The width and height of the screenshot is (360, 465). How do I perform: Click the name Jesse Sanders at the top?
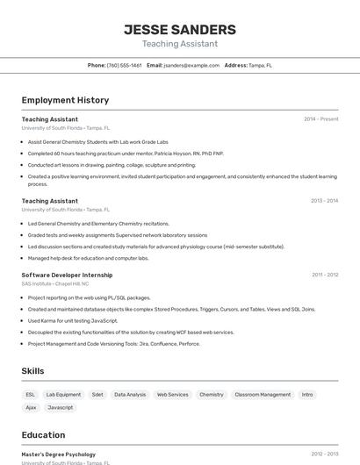click(x=180, y=30)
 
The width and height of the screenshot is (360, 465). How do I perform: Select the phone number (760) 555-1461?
click(x=124, y=65)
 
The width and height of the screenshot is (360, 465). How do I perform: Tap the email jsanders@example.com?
click(x=191, y=65)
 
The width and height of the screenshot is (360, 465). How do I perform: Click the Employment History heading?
click(x=65, y=100)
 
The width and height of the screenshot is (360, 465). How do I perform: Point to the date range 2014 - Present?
click(x=320, y=119)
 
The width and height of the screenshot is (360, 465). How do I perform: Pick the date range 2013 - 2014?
click(x=324, y=201)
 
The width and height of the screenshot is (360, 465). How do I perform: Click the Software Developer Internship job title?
click(x=67, y=275)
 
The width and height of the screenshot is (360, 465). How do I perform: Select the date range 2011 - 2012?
click(x=325, y=275)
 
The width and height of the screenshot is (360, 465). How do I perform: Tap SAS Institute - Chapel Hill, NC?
click(x=55, y=283)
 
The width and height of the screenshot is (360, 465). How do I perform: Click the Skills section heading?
click(x=33, y=371)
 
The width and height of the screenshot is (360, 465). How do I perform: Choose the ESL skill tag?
click(x=31, y=395)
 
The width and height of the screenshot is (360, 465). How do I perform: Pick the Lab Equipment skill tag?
click(x=63, y=395)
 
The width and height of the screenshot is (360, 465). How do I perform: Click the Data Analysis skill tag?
click(x=130, y=395)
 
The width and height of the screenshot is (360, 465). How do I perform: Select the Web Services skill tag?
click(x=172, y=395)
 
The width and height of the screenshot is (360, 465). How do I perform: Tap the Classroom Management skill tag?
click(x=263, y=395)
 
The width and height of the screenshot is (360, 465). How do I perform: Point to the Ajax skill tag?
click(x=31, y=408)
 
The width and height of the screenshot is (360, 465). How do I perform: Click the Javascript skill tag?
click(x=61, y=408)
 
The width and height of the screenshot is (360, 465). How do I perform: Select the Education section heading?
click(x=43, y=435)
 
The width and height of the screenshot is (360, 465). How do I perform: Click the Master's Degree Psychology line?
click(x=59, y=454)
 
